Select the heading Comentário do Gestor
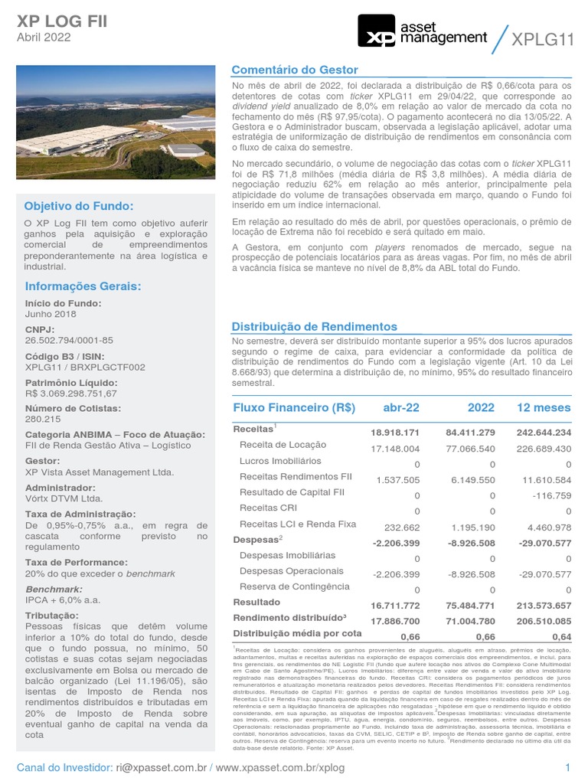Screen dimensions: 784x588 tap(295, 70)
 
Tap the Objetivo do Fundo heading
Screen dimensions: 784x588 tap(78, 206)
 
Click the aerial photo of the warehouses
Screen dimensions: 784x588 tap(116, 122)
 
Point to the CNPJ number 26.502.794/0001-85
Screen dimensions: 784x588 tap(69, 340)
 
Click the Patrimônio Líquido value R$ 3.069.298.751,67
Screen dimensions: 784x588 tap(71, 393)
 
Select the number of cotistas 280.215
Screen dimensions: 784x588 tap(43, 419)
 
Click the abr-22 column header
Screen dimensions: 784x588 tap(401, 407)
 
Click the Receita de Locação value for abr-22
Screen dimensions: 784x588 tap(395, 449)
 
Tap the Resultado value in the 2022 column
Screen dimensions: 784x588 tap(470, 604)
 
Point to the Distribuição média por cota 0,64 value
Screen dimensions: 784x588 tap(561, 635)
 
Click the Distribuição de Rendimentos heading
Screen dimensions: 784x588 tap(315, 326)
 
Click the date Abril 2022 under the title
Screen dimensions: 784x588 tap(45, 36)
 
